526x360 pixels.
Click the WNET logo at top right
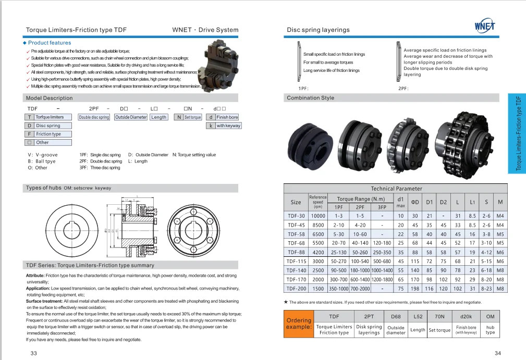(485, 26)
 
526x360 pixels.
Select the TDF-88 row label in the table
(296, 252)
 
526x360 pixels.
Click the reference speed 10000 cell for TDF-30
(318, 216)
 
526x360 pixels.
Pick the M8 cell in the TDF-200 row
(500, 289)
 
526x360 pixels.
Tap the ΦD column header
(415, 202)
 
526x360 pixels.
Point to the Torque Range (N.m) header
(361, 199)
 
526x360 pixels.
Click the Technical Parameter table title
(396, 189)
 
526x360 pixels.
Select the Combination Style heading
(310, 98)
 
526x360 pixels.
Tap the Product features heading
(50, 43)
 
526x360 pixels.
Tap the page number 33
(34, 354)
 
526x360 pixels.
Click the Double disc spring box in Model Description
(94, 117)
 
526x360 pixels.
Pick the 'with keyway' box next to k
(228, 126)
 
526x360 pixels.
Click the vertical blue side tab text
(518, 133)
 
